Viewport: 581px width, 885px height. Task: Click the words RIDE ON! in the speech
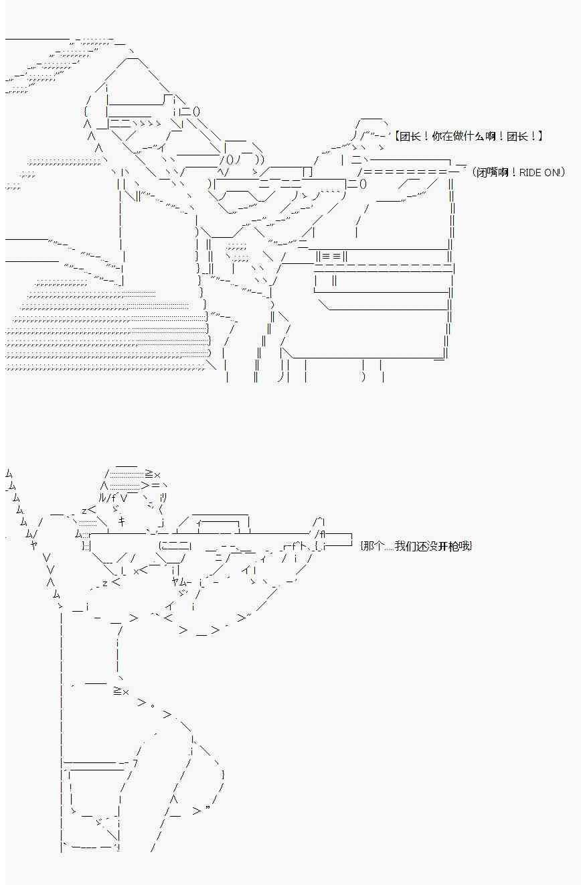[539, 173]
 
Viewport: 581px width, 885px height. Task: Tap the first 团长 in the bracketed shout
[409, 137]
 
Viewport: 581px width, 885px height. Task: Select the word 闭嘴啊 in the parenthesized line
[493, 173]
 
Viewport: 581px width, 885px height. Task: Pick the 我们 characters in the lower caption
[406, 546]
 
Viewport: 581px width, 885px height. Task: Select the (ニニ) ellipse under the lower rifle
[175, 546]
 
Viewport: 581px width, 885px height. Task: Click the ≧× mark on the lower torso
[120, 691]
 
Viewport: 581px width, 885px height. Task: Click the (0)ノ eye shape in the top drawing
[230, 159]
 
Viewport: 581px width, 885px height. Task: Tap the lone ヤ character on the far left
[33, 545]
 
